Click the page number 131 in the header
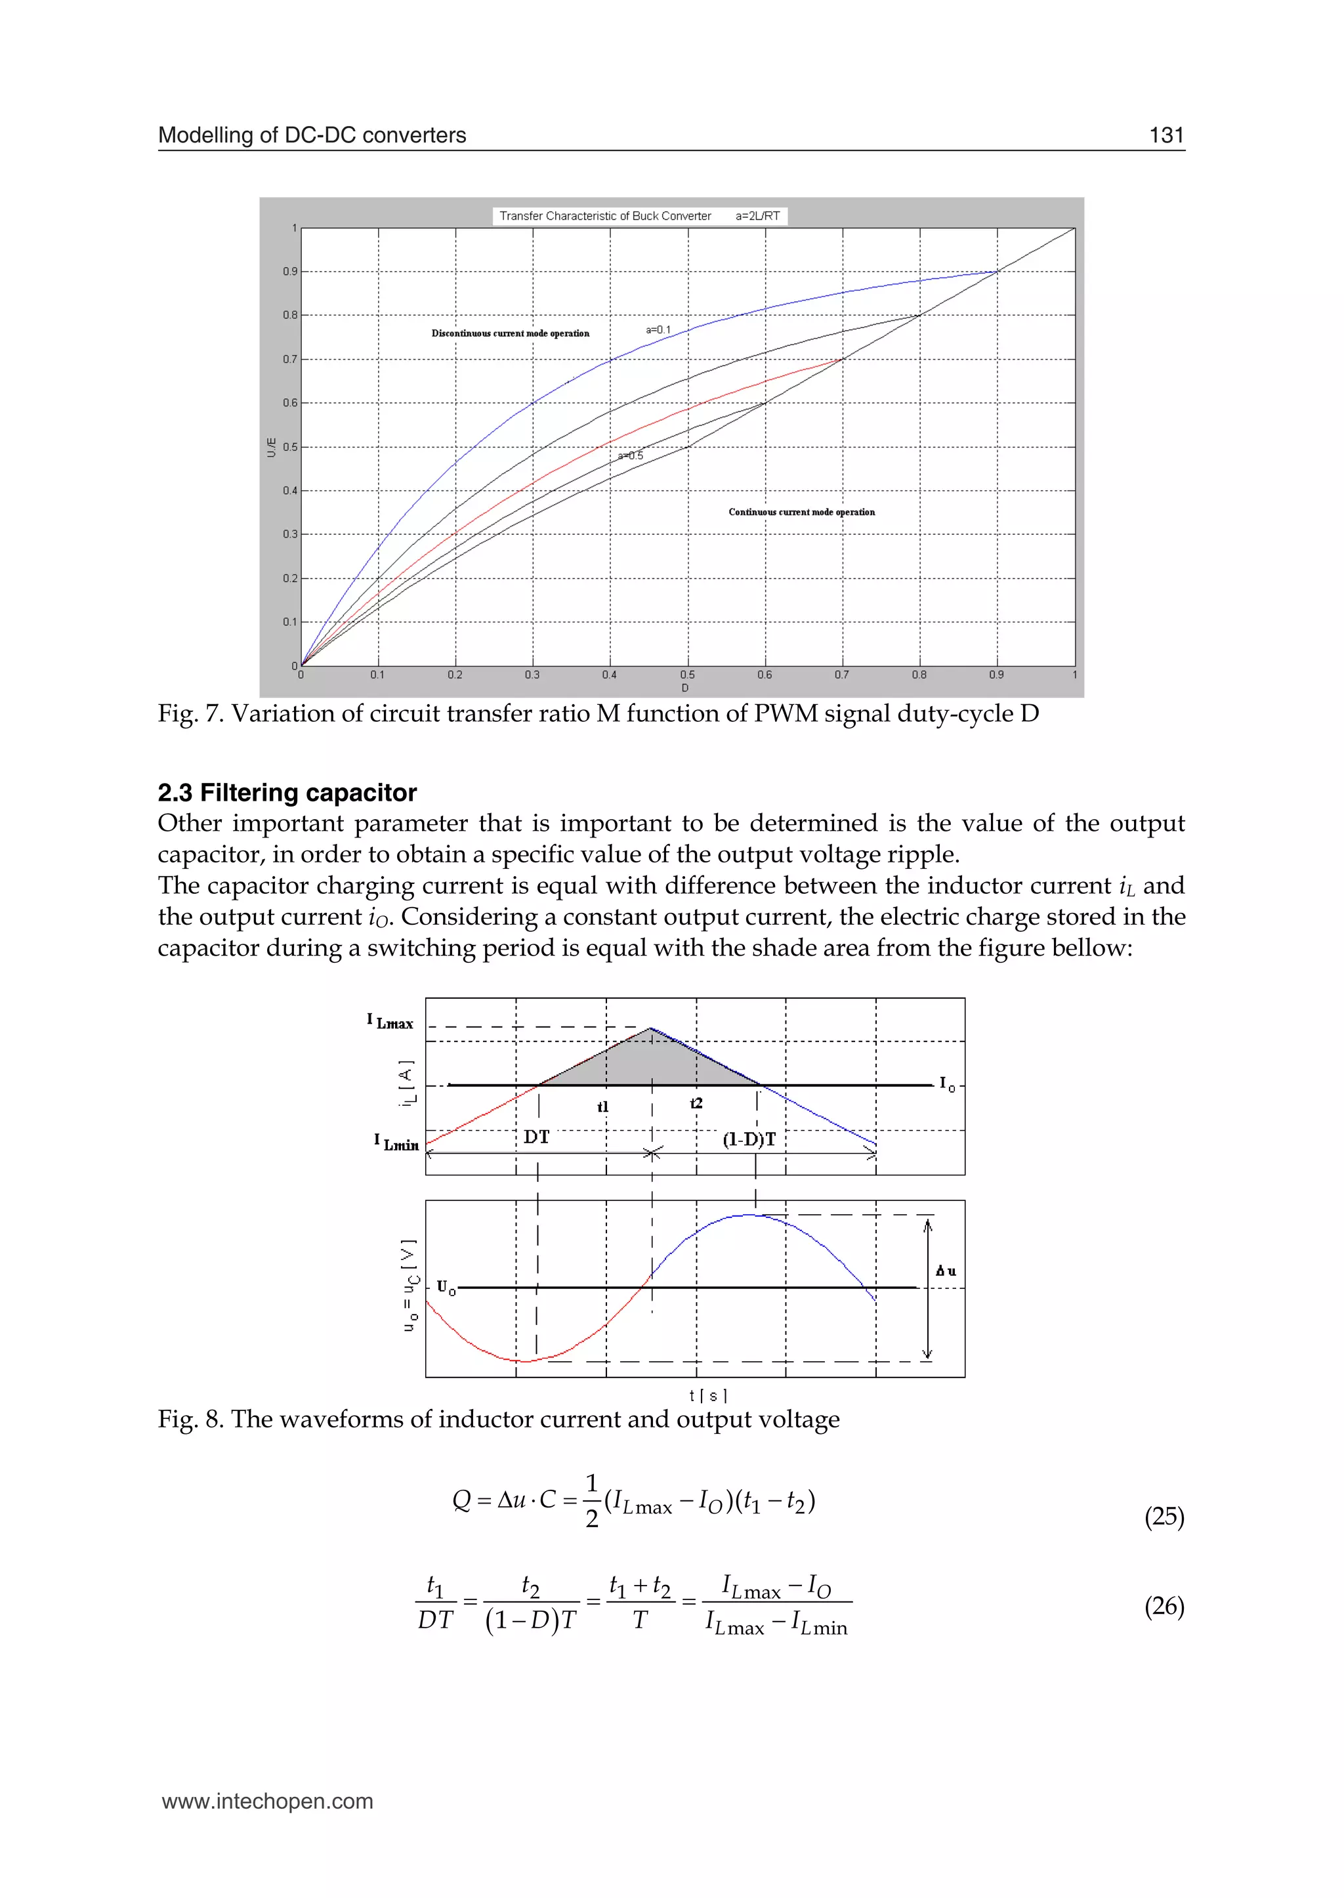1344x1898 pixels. [1166, 135]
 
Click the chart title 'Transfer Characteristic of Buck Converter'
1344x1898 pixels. [605, 216]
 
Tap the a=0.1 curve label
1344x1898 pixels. [658, 330]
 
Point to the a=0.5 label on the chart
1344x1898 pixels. [631, 456]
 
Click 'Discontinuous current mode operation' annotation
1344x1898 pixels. [510, 333]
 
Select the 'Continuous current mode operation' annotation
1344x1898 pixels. [801, 513]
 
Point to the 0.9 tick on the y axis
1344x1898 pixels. [289, 272]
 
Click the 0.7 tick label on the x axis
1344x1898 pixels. [842, 675]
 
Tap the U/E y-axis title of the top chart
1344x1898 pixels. [272, 447]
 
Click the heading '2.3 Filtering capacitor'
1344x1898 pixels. [287, 792]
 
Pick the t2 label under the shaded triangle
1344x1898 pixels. [696, 1103]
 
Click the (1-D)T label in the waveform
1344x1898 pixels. [749, 1139]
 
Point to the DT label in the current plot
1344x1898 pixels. [536, 1137]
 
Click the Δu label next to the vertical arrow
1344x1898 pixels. [945, 1271]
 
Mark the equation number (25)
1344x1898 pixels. [1164, 1517]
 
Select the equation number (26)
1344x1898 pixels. [1164, 1606]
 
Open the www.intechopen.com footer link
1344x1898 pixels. [267, 1801]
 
